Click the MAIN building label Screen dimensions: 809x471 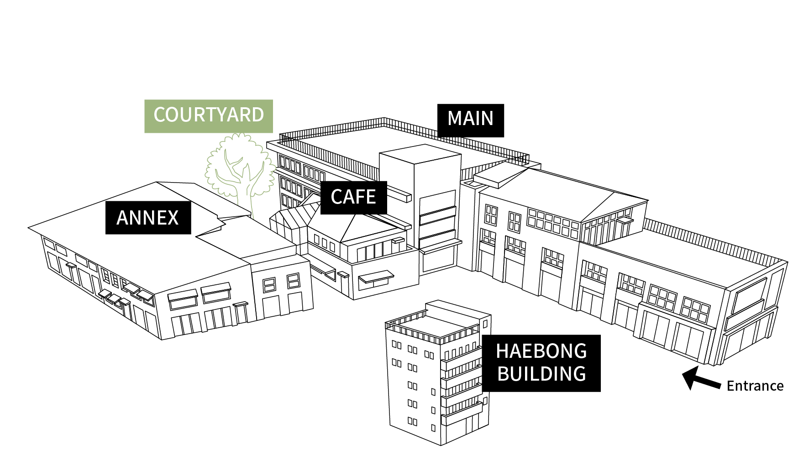point(470,120)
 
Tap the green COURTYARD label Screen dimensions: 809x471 point(209,116)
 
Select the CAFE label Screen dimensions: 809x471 point(353,198)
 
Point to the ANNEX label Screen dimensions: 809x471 point(148,218)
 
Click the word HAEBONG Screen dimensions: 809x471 point(541,351)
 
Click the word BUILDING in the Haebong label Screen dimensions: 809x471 point(541,374)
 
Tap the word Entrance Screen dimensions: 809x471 point(755,386)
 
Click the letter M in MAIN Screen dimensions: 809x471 point(456,118)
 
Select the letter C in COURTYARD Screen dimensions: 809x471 point(159,115)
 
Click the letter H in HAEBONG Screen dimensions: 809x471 point(502,351)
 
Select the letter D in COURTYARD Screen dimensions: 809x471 point(258,115)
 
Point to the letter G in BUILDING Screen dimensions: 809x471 point(579,374)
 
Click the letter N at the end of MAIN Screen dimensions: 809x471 point(487,118)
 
